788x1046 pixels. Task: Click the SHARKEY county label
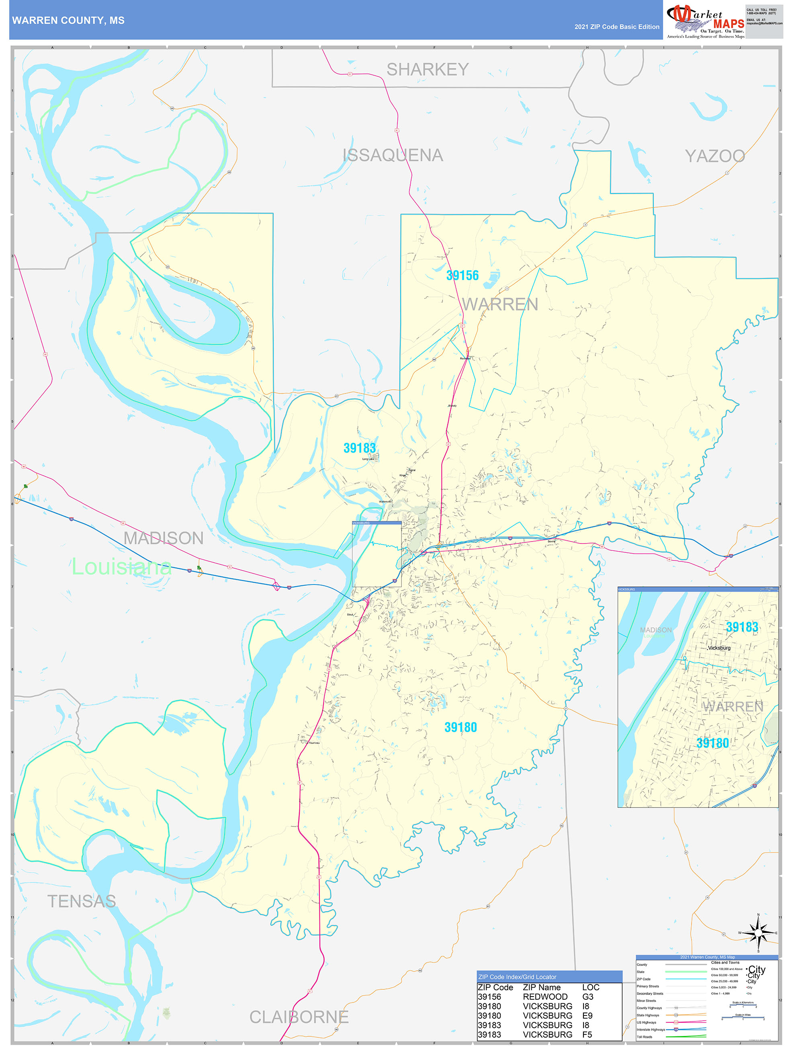coord(428,70)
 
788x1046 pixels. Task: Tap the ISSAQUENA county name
coord(393,155)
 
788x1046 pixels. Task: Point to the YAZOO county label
coord(715,156)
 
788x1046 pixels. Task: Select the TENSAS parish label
coord(81,901)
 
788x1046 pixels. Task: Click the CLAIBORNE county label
coord(299,1017)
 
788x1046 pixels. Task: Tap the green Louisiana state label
coord(121,566)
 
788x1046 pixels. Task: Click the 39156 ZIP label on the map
coord(462,275)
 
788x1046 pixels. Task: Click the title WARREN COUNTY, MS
coord(68,21)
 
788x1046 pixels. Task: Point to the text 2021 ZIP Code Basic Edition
coord(616,27)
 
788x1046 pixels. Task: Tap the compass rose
coord(758,933)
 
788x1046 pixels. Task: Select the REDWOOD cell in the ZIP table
coord(545,997)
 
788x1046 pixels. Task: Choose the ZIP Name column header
coord(541,987)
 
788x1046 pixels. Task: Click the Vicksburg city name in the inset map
coord(718,648)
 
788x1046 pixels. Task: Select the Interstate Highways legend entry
coord(651,1030)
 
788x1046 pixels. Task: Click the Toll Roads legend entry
coord(645,1036)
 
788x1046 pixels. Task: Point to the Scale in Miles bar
coord(743,1017)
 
